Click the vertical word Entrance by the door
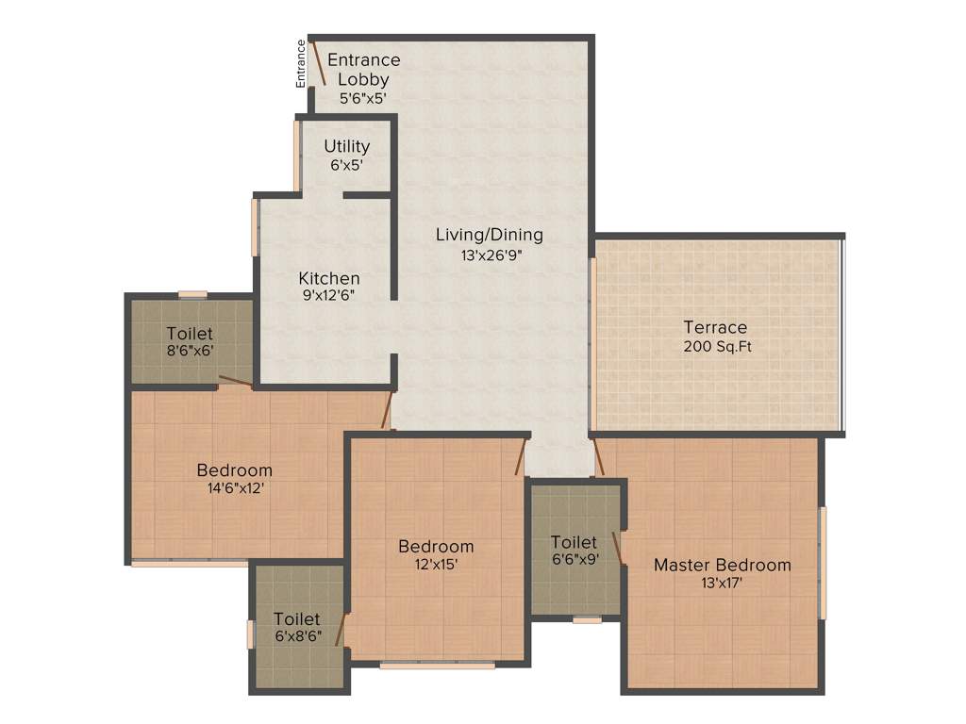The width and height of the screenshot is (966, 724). point(301,63)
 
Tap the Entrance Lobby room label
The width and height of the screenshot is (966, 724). point(363,70)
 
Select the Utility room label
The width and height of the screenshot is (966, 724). point(347,147)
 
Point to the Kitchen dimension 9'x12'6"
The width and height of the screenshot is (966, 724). point(329,295)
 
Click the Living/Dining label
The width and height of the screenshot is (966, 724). point(489,235)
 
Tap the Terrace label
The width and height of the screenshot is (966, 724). point(715,327)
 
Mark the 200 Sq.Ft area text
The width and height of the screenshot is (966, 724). point(718,346)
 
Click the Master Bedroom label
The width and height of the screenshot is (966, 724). point(723,565)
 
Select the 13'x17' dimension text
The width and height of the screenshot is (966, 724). point(722,583)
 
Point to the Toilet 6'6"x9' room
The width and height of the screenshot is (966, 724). point(574,551)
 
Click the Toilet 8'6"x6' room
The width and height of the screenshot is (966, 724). point(190,341)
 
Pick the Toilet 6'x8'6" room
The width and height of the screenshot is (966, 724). point(297,627)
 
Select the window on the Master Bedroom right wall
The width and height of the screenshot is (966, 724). point(823,563)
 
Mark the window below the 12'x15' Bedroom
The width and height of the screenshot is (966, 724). point(437,666)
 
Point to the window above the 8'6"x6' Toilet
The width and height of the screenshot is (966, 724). point(192,294)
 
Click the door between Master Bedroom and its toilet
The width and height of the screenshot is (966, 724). point(618,548)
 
